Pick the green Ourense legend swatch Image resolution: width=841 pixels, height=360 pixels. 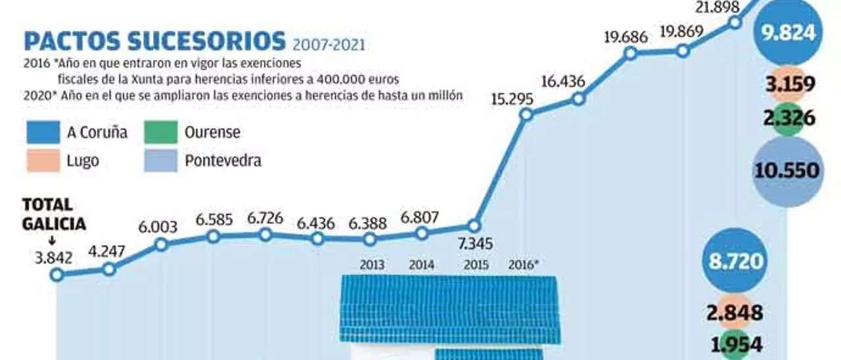point(161,133)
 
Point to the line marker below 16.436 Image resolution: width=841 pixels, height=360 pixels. point(578,99)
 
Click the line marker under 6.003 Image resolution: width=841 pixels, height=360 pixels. point(160,244)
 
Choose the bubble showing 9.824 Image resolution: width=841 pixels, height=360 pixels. point(788,32)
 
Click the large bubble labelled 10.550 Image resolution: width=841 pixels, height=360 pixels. point(787,171)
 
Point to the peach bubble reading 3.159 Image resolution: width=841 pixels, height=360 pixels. point(788,85)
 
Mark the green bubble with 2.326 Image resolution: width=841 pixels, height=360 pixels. point(788,119)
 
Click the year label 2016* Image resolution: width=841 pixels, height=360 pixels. point(524,266)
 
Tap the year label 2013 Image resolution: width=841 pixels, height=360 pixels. point(373,266)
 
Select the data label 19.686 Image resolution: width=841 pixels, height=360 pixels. point(625,37)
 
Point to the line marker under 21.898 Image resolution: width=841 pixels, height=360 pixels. point(735,22)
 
